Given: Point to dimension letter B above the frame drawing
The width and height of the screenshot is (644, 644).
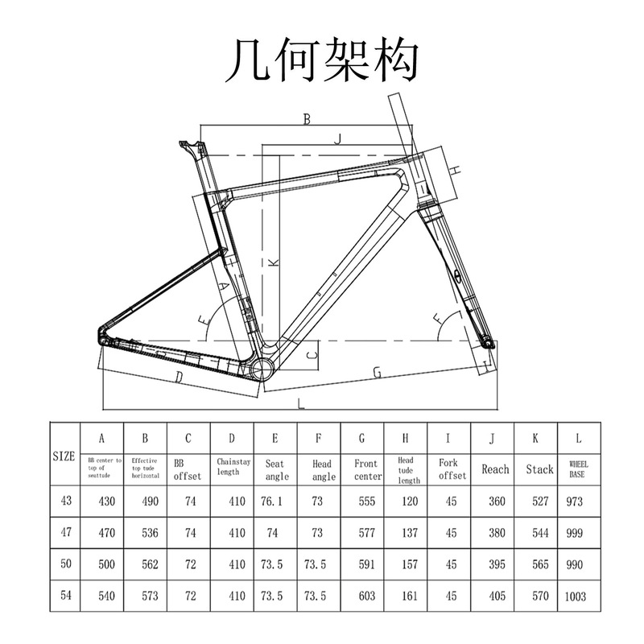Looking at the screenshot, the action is pos(306,119).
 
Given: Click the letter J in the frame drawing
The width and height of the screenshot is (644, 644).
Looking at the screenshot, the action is pos(339,138).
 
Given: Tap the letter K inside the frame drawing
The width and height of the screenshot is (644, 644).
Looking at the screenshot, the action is pos(272,262).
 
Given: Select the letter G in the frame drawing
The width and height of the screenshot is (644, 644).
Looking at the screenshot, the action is pos(375,371).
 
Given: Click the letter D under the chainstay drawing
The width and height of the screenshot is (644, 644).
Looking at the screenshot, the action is pos(179,377).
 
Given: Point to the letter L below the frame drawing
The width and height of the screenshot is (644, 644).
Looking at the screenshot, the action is pos(300,402).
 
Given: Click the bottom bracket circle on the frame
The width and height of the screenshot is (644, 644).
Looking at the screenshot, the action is pos(263,367).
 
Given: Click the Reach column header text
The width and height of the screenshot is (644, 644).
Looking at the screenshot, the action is pos(495,469).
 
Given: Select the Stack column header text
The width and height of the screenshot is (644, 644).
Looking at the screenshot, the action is pos(539,469).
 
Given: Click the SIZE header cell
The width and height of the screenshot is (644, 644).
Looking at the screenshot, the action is pos(64,456).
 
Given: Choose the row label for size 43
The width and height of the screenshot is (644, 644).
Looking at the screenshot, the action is pos(65,501).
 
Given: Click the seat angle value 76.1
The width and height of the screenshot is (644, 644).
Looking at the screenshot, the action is pos(274,501).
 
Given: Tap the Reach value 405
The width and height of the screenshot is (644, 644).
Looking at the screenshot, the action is pos(496,597).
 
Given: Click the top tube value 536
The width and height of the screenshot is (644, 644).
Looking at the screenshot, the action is pos(145,533).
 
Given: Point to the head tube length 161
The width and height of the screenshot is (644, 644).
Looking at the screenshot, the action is pos(408,597).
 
